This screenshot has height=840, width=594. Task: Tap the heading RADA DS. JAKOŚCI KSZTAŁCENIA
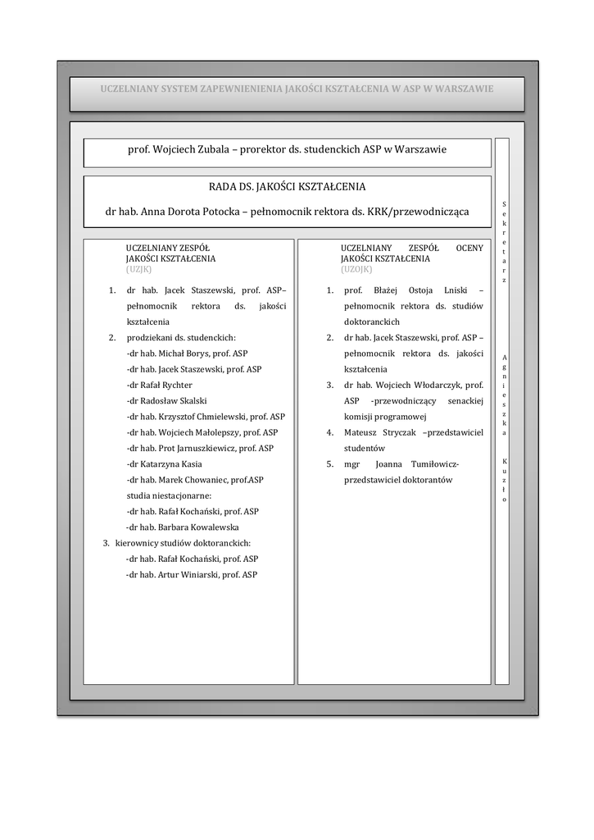click(287, 187)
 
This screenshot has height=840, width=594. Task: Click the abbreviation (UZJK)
click(138, 268)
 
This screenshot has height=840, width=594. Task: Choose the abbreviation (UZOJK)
click(356, 268)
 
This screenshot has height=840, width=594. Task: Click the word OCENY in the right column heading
click(469, 248)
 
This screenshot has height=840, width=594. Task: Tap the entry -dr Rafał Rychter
click(160, 385)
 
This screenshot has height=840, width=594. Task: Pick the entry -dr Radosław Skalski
click(166, 400)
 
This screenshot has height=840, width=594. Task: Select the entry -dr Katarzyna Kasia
click(164, 463)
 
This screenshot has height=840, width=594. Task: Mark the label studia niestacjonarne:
click(169, 495)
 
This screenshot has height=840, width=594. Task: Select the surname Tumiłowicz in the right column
click(431, 463)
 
